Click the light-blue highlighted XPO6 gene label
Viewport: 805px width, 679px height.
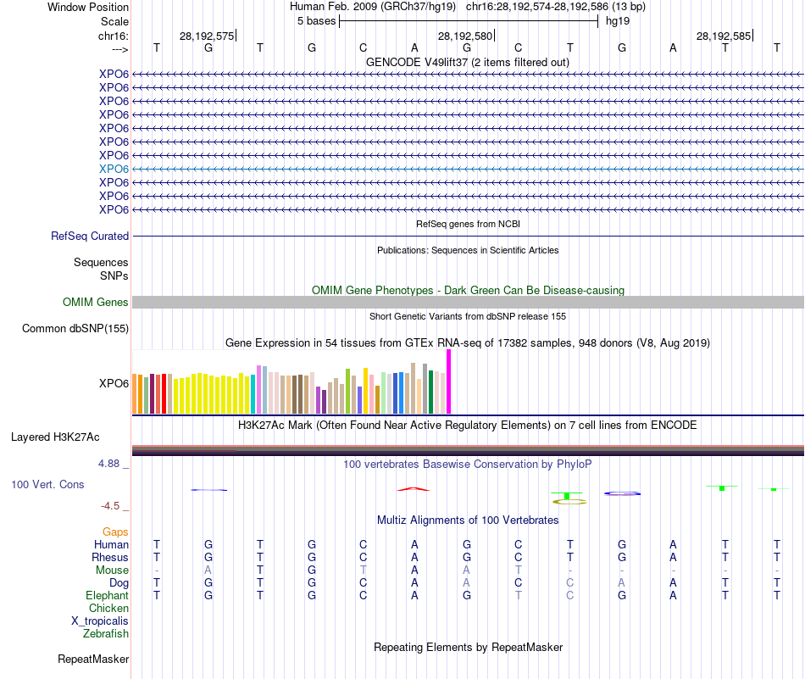pos(114,169)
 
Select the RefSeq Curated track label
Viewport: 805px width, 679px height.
pos(90,237)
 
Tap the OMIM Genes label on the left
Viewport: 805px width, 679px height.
pos(96,303)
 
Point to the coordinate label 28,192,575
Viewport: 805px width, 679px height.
pos(206,36)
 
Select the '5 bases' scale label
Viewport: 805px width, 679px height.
pos(316,21)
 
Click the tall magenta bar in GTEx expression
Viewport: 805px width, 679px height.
pos(449,381)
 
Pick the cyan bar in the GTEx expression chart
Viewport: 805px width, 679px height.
pos(253,392)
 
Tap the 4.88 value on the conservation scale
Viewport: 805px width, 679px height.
pos(114,464)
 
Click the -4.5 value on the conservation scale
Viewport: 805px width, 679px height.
pos(114,506)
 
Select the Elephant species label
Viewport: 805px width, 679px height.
pos(108,596)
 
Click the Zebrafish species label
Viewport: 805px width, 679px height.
pos(106,634)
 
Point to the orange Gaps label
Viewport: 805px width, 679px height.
pos(115,532)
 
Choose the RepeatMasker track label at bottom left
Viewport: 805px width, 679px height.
pos(93,660)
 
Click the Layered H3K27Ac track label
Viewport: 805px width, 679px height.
pos(55,437)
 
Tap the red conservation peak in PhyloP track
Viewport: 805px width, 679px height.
pos(414,489)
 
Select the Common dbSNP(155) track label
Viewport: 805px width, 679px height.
pos(75,329)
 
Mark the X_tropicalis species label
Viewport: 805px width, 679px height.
pos(100,621)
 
